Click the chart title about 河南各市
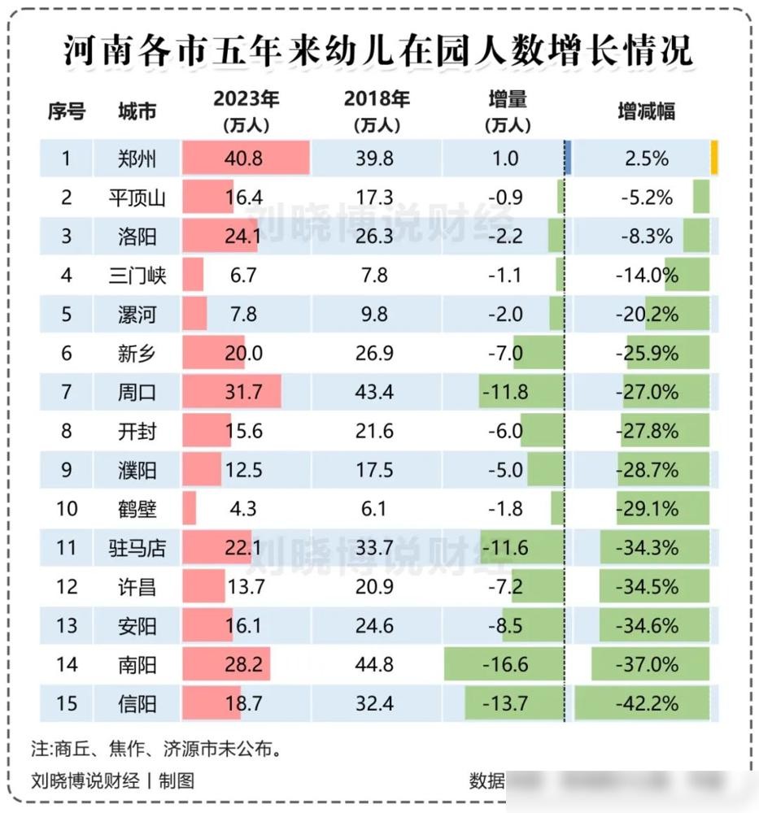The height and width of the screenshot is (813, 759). [378, 50]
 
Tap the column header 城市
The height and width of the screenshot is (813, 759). [137, 111]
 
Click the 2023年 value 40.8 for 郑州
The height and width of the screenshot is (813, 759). [245, 158]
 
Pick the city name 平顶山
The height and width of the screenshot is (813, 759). [137, 197]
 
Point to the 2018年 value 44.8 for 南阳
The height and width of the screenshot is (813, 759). [375, 664]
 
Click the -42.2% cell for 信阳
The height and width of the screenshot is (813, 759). [647, 703]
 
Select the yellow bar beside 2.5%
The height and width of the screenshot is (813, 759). [713, 157]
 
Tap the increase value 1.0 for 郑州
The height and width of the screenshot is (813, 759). [505, 158]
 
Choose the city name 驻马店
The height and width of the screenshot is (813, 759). [137, 548]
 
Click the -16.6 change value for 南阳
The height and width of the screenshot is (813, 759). [505, 664]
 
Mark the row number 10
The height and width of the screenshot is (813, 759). [67, 509]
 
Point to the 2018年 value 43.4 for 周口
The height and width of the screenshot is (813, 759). [375, 392]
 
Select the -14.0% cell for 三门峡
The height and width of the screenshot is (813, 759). [647, 275]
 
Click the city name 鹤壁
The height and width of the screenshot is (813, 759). [137, 509]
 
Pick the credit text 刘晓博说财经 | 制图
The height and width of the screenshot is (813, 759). [113, 780]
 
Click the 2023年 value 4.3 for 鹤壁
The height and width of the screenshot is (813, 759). [243, 509]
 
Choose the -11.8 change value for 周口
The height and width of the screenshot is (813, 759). [505, 392]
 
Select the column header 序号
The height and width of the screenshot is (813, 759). [66, 111]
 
